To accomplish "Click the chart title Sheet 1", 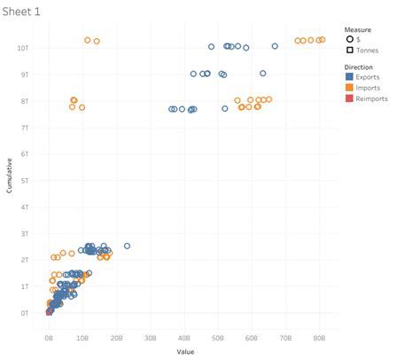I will click(x=20, y=12).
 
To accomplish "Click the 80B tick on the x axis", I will click(x=319, y=338).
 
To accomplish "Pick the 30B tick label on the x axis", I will click(x=151, y=338).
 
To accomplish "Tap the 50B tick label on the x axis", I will click(x=218, y=338).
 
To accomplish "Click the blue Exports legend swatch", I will click(x=350, y=77).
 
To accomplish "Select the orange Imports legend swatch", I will click(x=350, y=88).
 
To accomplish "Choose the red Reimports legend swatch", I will click(x=350, y=98).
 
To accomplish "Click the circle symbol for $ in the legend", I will click(x=350, y=39).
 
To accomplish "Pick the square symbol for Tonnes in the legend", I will click(x=350, y=50).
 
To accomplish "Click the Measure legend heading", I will click(x=360, y=28).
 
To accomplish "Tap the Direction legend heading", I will click(x=362, y=67).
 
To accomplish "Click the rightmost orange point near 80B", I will click(x=323, y=40).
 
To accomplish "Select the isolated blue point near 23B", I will click(x=127, y=246).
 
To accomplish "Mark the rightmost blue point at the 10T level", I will click(x=275, y=46).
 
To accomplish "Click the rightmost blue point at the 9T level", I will click(x=263, y=74).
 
